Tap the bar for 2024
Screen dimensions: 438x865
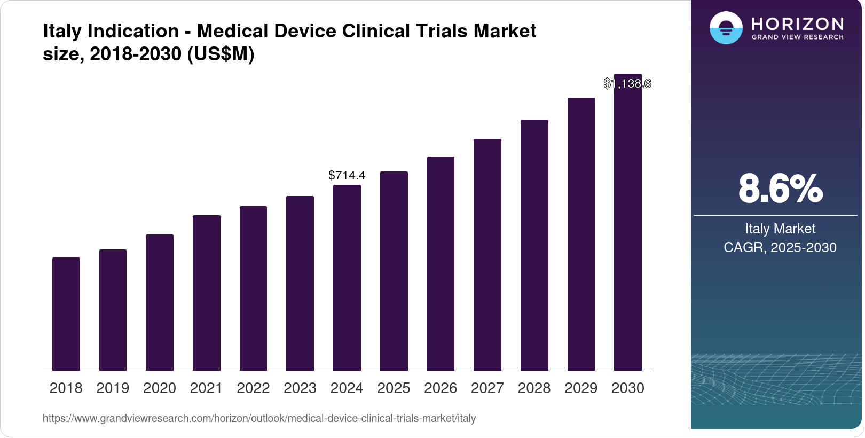(x=347, y=278)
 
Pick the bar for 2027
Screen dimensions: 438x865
(x=487, y=255)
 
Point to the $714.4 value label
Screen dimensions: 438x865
(x=347, y=175)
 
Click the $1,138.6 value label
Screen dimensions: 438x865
(x=627, y=83)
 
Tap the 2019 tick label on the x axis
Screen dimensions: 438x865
(x=113, y=388)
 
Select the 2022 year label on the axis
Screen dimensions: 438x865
(x=253, y=388)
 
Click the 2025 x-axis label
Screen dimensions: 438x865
(x=394, y=388)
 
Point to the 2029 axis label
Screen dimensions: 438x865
(x=581, y=388)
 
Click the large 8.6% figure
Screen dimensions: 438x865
(x=780, y=189)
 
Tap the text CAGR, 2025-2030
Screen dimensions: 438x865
(x=780, y=247)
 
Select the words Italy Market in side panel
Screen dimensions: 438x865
(x=780, y=229)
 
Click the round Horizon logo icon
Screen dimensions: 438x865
(x=726, y=28)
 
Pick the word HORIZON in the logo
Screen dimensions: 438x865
(x=797, y=24)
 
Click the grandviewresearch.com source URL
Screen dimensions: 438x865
(x=259, y=418)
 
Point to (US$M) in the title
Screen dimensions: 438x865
(x=221, y=54)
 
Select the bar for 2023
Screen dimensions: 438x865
(x=300, y=283)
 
